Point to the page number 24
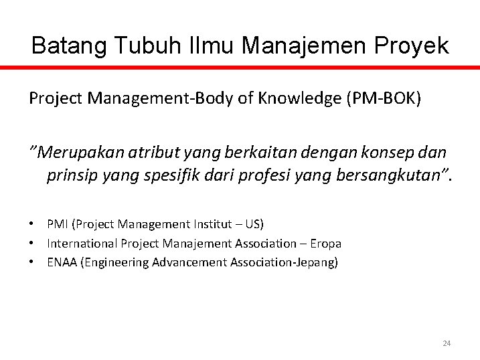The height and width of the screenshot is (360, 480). pyautogui.click(x=447, y=343)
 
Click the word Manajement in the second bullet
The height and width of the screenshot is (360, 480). pyautogui.click(x=193, y=244)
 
